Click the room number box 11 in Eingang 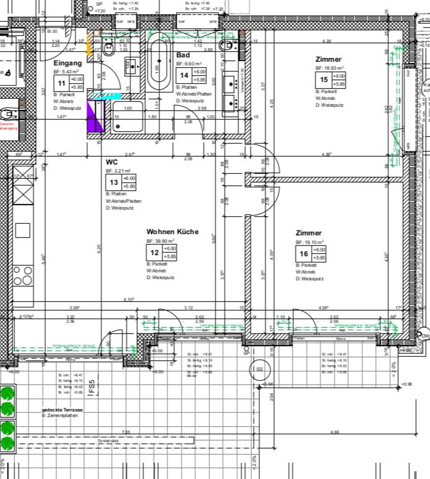[x=62, y=83]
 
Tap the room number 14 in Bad [x=184, y=75]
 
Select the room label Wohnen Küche [x=172, y=232]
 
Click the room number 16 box [x=304, y=254]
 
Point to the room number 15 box [x=324, y=80]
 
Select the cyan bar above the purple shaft [x=107, y=96]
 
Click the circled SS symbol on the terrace [x=260, y=369]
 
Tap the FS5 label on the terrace [x=92, y=386]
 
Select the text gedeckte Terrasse [x=62, y=410]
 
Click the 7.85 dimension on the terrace [x=126, y=432]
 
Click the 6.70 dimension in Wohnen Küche [x=128, y=300]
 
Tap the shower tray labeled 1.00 [x=128, y=117]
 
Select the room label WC [x=112, y=162]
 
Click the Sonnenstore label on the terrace [x=108, y=441]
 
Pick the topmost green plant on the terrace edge [x=7, y=393]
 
